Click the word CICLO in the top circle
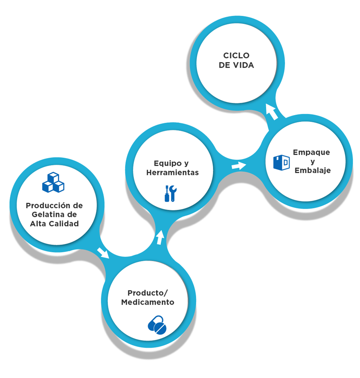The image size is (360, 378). tap(236, 55)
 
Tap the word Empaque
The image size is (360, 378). tap(311, 152)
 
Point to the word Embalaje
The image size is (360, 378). tap(313, 171)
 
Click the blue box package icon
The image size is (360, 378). tap(281, 162)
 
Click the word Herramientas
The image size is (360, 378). tap(172, 173)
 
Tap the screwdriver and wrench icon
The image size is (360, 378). tap(170, 193)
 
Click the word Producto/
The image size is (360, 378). tap(148, 293)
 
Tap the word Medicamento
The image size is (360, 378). tap(148, 303)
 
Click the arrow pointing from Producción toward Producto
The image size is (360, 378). tap(103, 253)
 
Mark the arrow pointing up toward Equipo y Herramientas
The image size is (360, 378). tap(160, 237)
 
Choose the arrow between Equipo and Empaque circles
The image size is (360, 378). tap(239, 165)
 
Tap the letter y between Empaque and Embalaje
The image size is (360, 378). tap(313, 162)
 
